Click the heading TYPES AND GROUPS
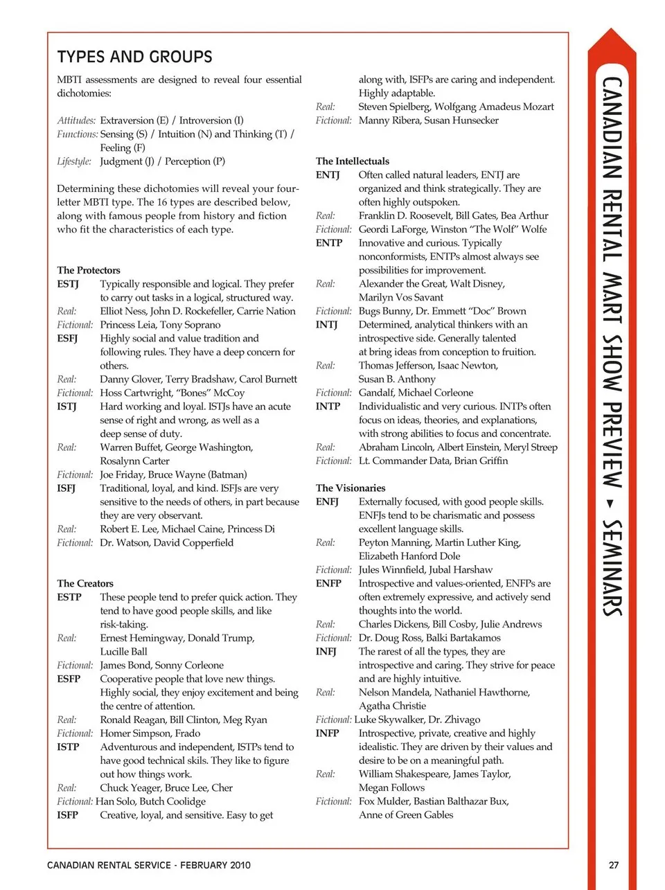point(134,57)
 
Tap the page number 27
point(614,864)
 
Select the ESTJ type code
point(68,284)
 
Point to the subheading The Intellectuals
point(353,161)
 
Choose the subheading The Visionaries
point(351,488)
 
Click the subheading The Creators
point(85,583)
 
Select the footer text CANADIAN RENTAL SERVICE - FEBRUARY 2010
point(149,864)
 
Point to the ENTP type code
point(329,243)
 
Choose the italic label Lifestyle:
point(74,161)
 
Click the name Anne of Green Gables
point(406,815)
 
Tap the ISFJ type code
point(66,488)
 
